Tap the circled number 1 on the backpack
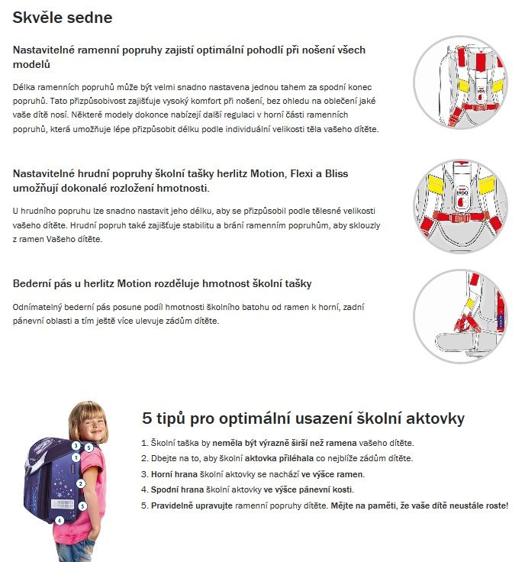click(76, 457)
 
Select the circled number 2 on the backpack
click(80, 483)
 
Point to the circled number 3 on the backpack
click(76, 445)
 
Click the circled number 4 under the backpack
click(60, 521)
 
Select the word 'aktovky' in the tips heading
click(432, 419)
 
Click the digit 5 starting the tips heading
click(147, 419)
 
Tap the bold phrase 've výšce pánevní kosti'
click(308, 489)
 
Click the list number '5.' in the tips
click(145, 505)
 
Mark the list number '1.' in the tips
click(145, 443)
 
